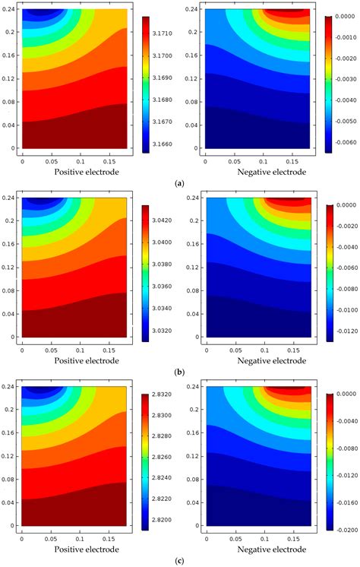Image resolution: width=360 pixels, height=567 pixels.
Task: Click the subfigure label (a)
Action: point(179,183)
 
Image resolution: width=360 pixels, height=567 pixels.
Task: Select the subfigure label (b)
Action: point(179,372)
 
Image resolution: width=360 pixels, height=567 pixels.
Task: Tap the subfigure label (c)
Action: point(179,560)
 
